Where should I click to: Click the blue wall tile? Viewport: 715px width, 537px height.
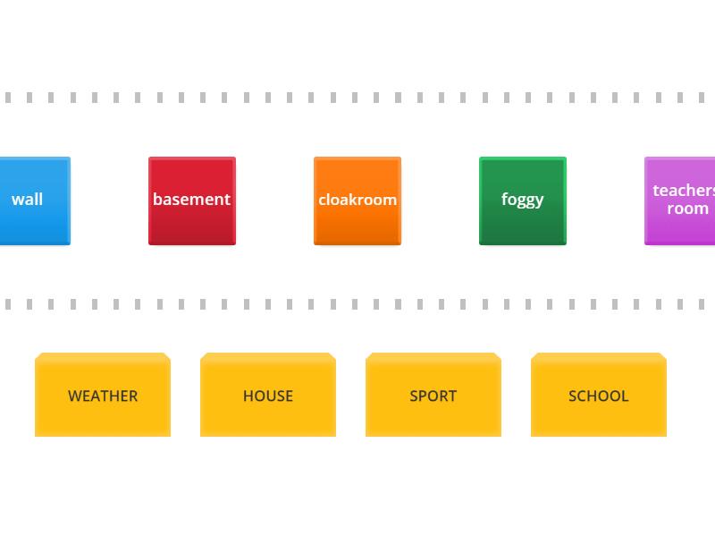coord(35,200)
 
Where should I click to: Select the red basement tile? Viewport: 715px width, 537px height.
coord(192,200)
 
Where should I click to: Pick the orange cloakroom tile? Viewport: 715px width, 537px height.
coord(357,200)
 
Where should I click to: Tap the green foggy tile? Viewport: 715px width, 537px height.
coord(523,200)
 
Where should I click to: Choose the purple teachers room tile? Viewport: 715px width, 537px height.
coord(680,200)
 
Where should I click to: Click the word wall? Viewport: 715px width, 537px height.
coord(28,199)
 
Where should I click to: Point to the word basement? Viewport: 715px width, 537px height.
coord(191,199)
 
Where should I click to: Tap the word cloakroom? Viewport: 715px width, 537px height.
coord(357,200)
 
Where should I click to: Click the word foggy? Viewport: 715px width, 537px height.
coord(523,200)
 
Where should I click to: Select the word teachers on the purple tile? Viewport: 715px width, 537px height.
coord(684,191)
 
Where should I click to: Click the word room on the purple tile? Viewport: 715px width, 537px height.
coord(687,209)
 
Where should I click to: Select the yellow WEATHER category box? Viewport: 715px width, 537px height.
coord(103,395)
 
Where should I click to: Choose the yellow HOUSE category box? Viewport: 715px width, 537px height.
coord(268,395)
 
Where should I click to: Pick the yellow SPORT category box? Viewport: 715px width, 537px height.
coord(433,395)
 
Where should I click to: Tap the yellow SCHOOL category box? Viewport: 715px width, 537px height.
coord(599,395)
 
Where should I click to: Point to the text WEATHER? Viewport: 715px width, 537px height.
coord(103,396)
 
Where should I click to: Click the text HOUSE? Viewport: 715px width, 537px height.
coord(268,396)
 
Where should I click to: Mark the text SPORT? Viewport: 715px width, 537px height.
coord(433,396)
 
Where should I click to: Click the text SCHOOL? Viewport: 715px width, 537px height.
coord(599,396)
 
